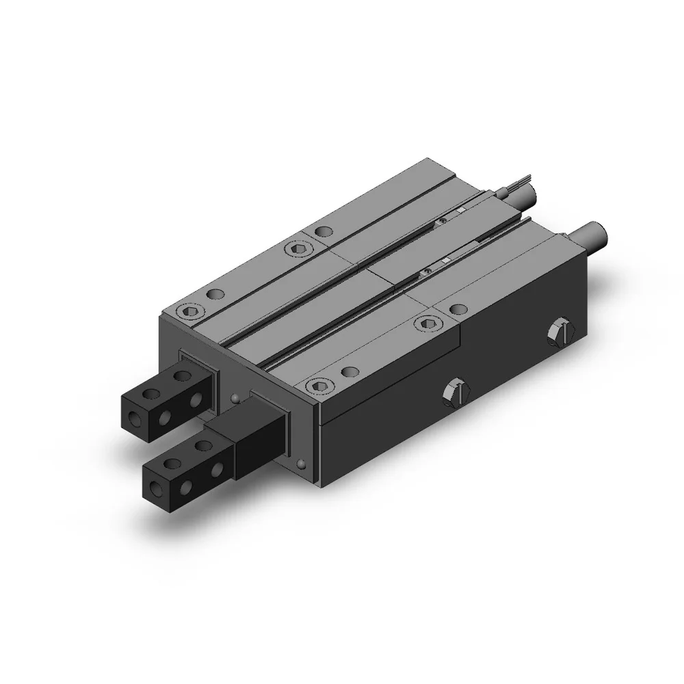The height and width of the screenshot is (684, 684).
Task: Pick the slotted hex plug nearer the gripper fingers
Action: tap(456, 392)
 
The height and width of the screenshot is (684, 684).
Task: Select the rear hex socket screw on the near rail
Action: tap(430, 323)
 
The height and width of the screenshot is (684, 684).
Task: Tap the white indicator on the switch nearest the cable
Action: tap(462, 210)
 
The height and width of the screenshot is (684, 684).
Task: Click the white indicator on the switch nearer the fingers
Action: tap(445, 261)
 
